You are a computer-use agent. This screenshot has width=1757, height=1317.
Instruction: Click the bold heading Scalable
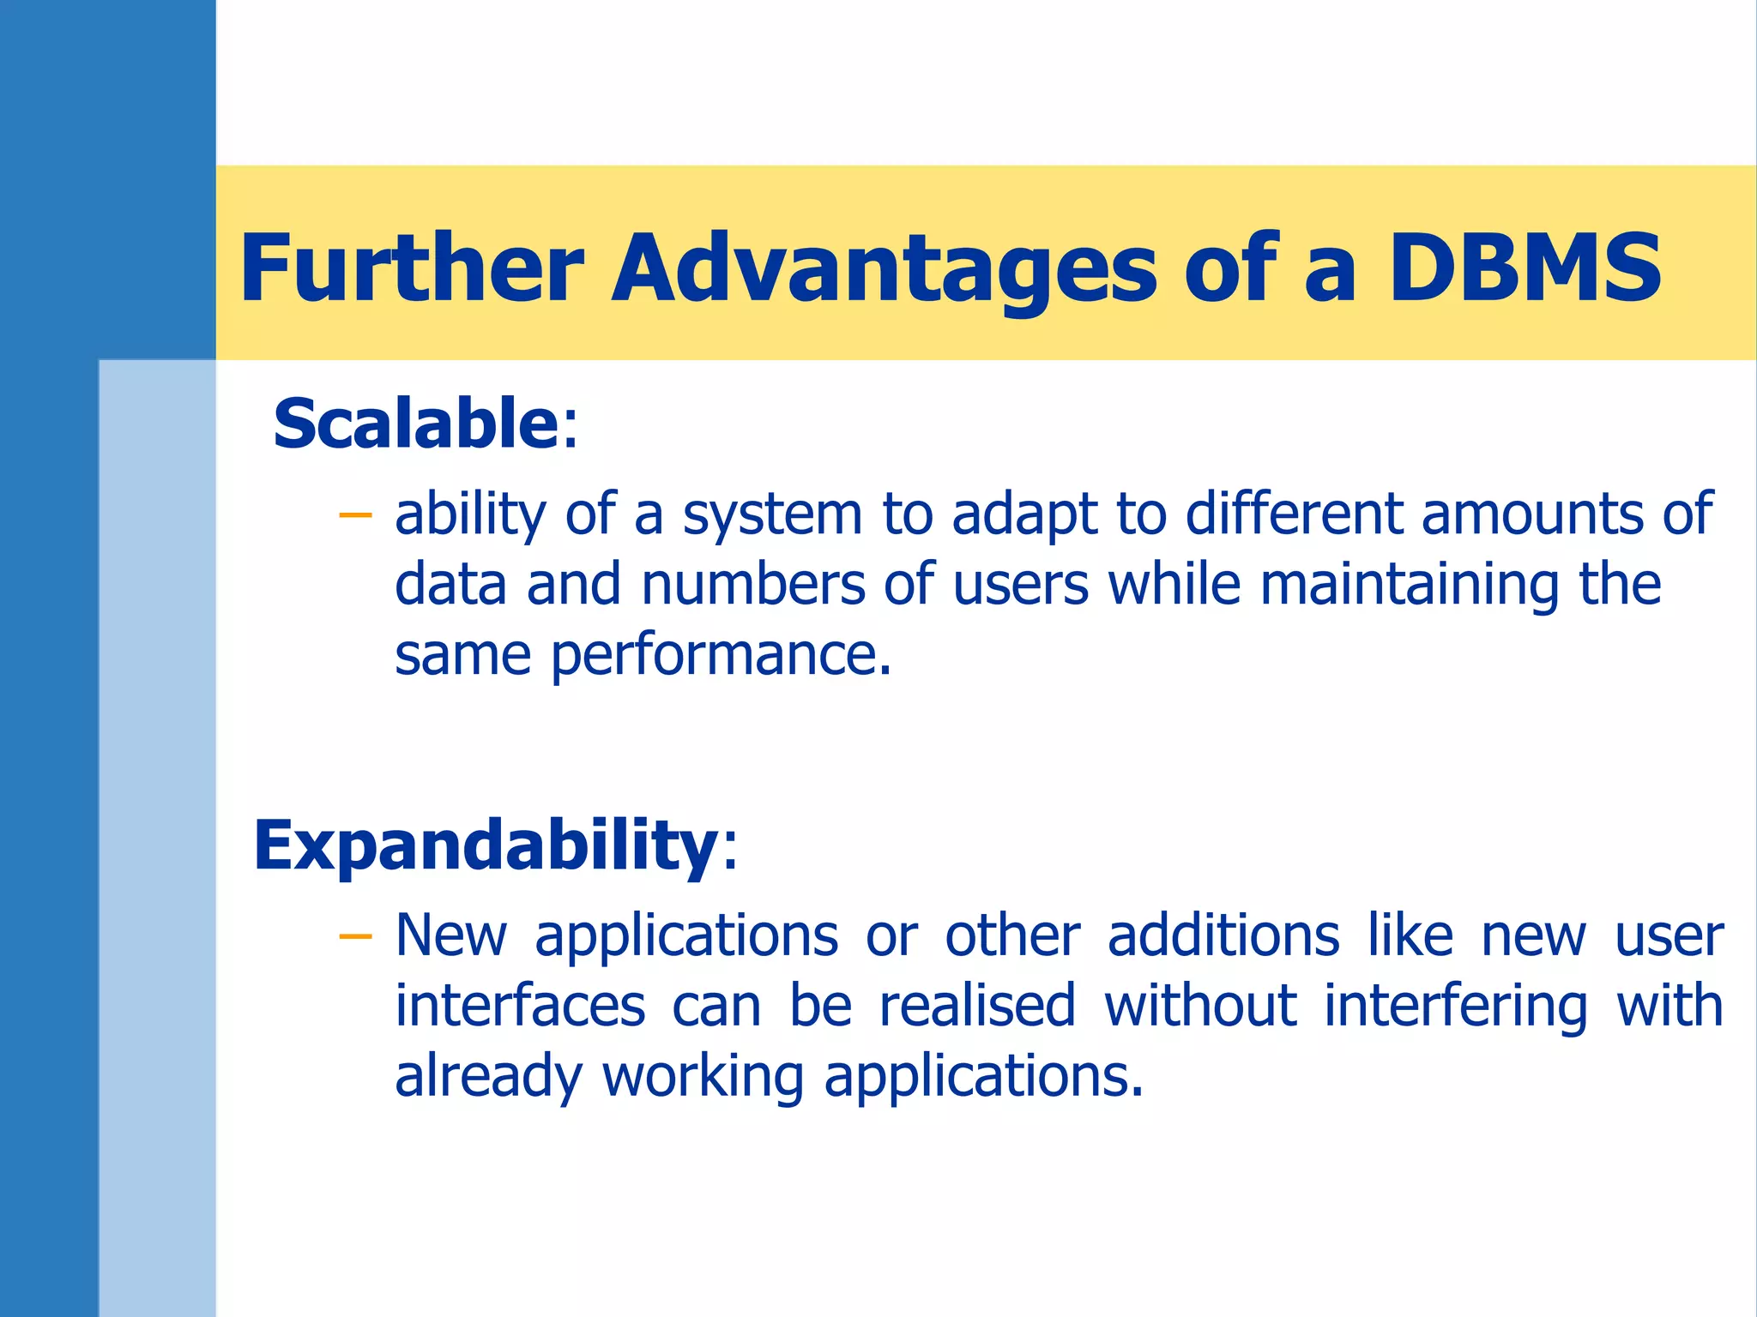pyautogui.click(x=416, y=424)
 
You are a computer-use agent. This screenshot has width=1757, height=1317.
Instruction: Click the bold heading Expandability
pyautogui.click(x=486, y=845)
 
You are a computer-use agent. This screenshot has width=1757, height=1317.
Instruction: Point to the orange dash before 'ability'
pyautogui.click(x=355, y=515)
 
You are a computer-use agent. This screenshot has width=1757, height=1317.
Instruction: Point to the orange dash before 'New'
pyautogui.click(x=355, y=936)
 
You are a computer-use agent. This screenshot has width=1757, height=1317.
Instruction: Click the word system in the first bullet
pyautogui.click(x=772, y=515)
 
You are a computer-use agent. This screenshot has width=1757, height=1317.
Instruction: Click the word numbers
pyautogui.click(x=753, y=586)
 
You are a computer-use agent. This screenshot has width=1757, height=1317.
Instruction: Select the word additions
pyautogui.click(x=1223, y=936)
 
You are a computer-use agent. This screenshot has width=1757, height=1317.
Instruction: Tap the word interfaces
pyautogui.click(x=520, y=1007)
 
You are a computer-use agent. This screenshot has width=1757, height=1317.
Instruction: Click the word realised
pyautogui.click(x=977, y=1007)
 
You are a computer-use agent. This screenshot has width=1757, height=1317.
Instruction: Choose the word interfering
pyautogui.click(x=1455, y=1007)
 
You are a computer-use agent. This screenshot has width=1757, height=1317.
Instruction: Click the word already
pyautogui.click(x=488, y=1077)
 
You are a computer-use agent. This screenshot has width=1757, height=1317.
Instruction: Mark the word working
pyautogui.click(x=703, y=1077)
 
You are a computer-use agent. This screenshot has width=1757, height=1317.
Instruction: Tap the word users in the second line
pyautogui.click(x=1021, y=586)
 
